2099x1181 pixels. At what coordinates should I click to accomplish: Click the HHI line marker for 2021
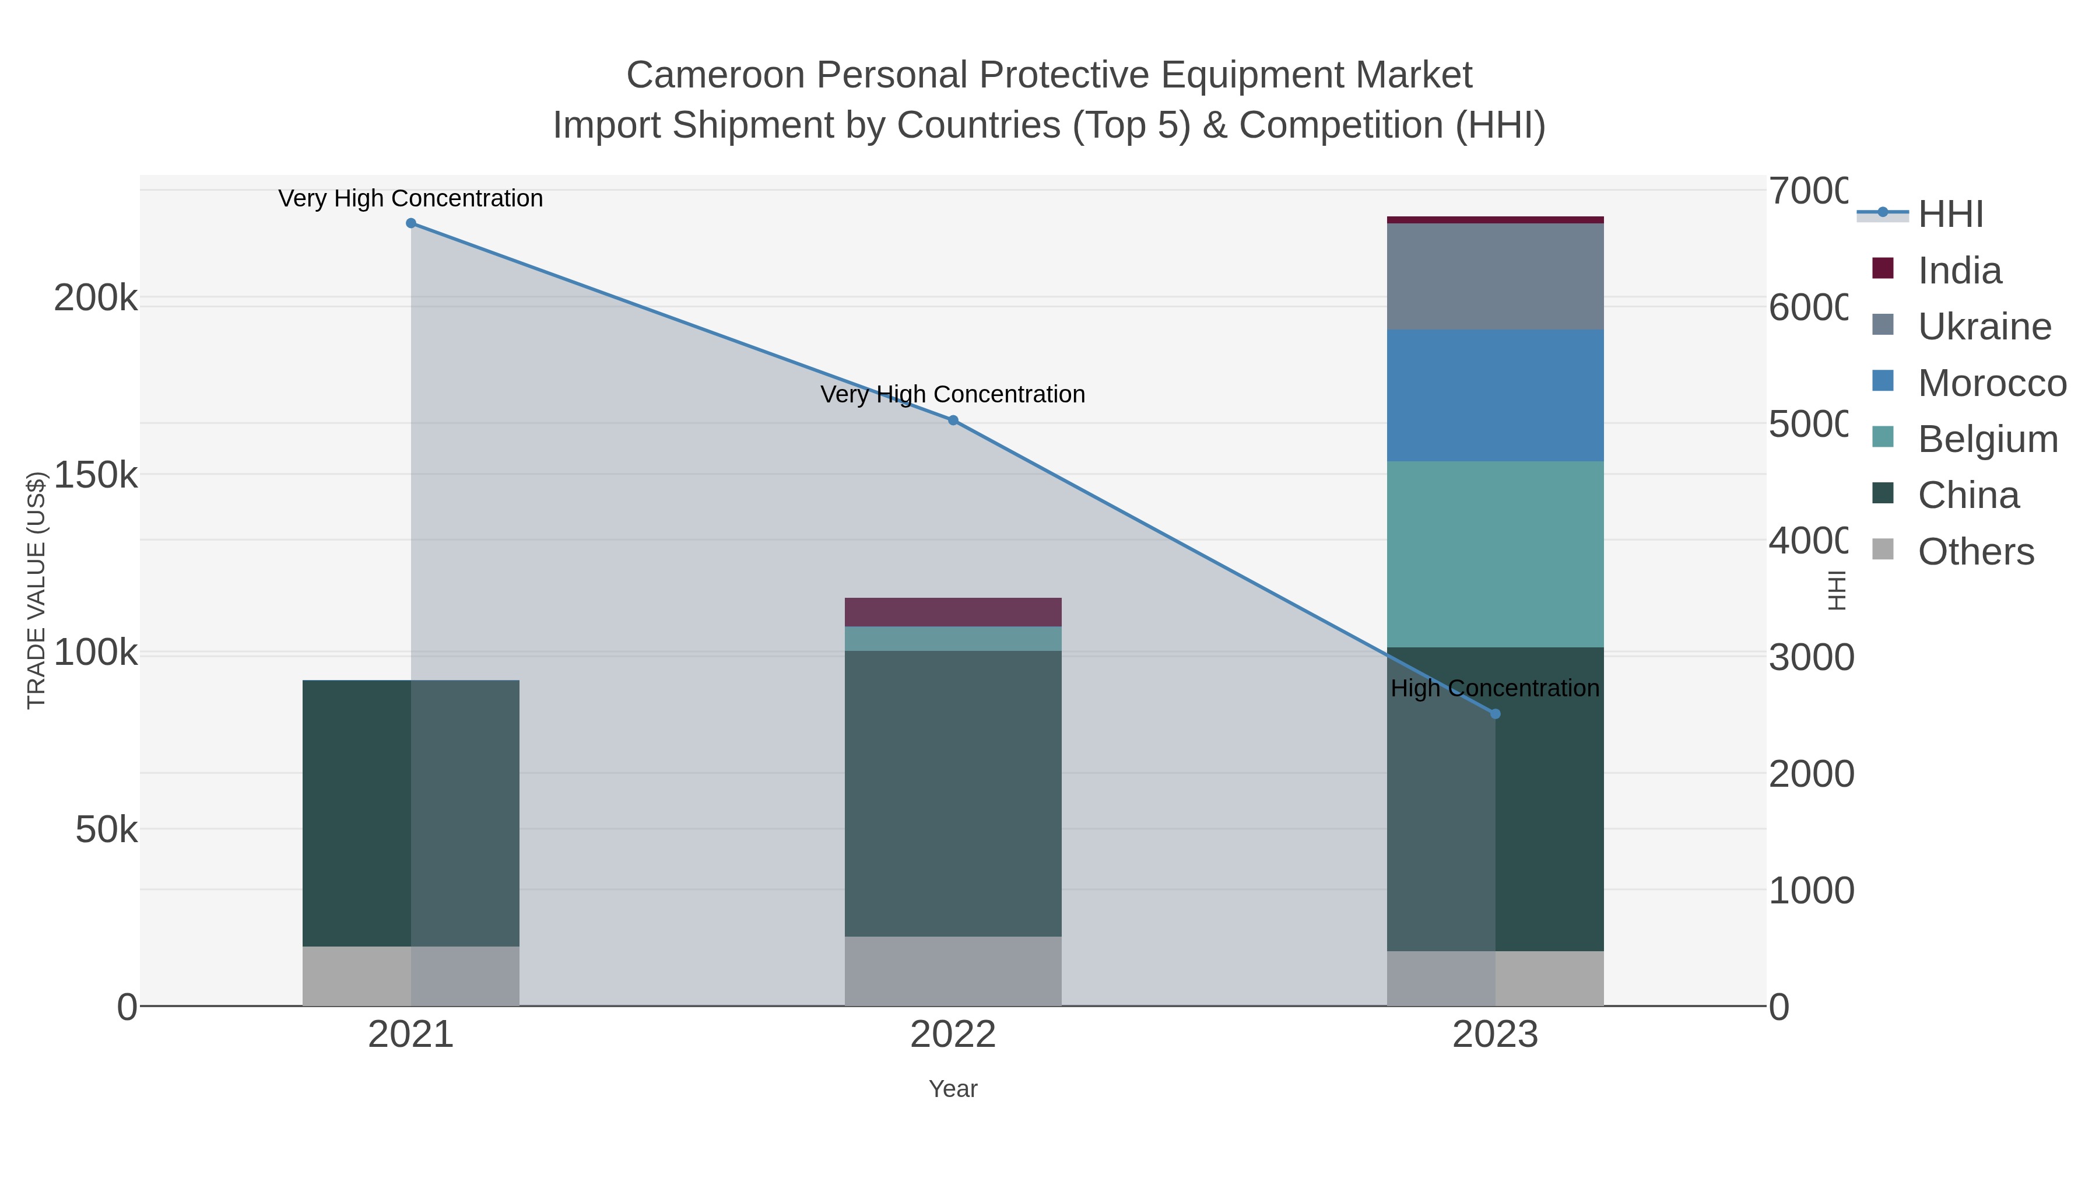point(410,223)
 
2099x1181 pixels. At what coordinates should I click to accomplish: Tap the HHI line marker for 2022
point(953,420)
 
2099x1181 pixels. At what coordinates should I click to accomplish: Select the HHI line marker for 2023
point(1495,714)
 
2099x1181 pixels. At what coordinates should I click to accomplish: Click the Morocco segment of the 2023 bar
point(1495,396)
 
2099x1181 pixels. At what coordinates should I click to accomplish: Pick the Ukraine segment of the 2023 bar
point(1495,277)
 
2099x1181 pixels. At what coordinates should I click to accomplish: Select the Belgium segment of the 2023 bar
point(1495,554)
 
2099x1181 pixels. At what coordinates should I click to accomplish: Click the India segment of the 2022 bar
point(953,612)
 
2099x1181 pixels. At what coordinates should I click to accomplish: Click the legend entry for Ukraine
point(1984,327)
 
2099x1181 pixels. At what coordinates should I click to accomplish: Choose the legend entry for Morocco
point(1992,383)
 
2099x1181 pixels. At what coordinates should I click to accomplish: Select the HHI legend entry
point(1950,215)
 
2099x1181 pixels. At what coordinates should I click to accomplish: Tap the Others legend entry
point(1975,552)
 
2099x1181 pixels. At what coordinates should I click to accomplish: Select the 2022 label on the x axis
point(953,1035)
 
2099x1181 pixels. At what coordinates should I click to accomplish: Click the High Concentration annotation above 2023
point(1495,689)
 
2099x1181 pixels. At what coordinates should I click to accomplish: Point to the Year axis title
point(953,1089)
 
